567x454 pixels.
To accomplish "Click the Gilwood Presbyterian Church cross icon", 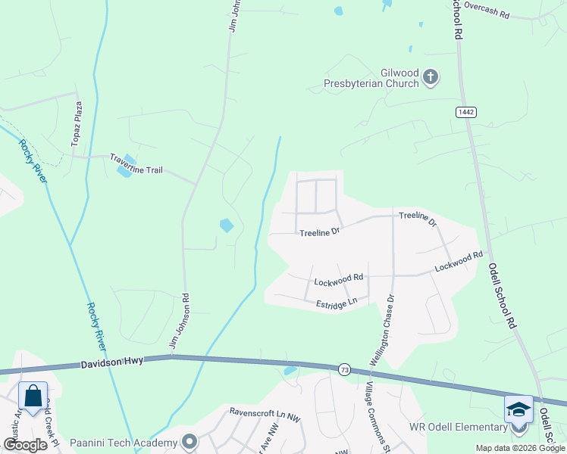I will [x=431, y=76].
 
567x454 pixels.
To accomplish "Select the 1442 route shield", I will [x=466, y=112].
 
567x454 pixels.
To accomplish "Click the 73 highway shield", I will [x=344, y=368].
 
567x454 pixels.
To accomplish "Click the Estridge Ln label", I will [x=337, y=304].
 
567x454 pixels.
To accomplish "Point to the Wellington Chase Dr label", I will [x=384, y=330].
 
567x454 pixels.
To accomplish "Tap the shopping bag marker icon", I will [x=33, y=396].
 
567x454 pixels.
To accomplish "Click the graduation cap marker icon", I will [x=518, y=409].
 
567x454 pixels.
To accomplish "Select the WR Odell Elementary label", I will [x=458, y=427].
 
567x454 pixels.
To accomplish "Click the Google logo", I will [x=25, y=445].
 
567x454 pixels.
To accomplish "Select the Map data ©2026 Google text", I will [x=520, y=448].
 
